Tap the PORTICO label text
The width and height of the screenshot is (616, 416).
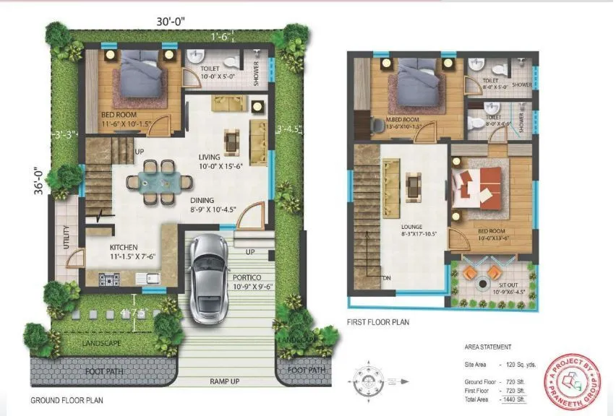point(247,277)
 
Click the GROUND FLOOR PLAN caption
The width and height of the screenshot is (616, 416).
point(67,399)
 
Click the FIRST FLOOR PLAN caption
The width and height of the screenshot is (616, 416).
point(378,322)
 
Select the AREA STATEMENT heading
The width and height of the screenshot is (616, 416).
point(488,347)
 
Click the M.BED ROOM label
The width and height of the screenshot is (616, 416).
point(401,119)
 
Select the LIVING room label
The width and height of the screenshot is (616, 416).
point(213,157)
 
